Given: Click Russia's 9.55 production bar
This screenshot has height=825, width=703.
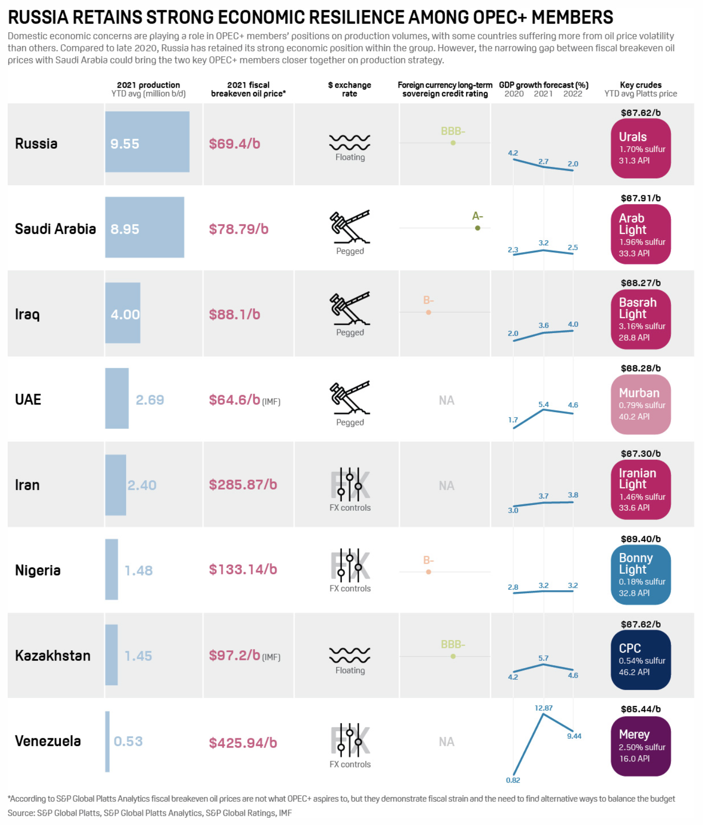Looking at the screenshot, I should pyautogui.click(x=147, y=142).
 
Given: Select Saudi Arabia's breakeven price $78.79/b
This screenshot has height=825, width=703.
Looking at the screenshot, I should pyautogui.click(x=238, y=229).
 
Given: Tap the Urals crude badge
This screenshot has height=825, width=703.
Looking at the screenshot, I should pyautogui.click(x=640, y=148).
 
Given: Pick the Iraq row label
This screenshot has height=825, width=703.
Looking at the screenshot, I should pyautogui.click(x=27, y=314).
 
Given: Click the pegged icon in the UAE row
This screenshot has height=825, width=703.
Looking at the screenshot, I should pyautogui.click(x=350, y=398).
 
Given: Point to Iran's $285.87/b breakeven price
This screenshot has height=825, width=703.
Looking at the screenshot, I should pyautogui.click(x=243, y=485).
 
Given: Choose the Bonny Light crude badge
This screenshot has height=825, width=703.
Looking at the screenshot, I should pyautogui.click(x=640, y=575).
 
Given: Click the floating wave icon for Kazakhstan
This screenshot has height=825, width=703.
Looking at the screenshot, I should pyautogui.click(x=350, y=655).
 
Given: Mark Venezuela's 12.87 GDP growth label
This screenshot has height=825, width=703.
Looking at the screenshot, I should pyautogui.click(x=543, y=708).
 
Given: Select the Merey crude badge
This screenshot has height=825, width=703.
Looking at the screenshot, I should pyautogui.click(x=640, y=746).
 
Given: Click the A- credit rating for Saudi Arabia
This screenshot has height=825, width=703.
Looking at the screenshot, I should pyautogui.click(x=477, y=216).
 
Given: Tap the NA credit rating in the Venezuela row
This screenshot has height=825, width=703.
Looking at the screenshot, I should pyautogui.click(x=446, y=742).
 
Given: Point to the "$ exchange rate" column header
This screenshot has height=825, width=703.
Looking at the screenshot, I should pyautogui.click(x=350, y=89).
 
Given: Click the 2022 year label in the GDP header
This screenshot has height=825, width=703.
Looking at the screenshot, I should pyautogui.click(x=573, y=94).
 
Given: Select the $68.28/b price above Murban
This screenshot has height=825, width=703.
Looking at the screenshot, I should pyautogui.click(x=640, y=368).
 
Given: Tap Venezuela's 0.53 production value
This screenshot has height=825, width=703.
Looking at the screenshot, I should pyautogui.click(x=128, y=741).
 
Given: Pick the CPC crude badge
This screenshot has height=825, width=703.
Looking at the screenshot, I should pyautogui.click(x=640, y=660).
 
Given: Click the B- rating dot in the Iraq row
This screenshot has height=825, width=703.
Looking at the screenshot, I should pyautogui.click(x=429, y=312).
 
